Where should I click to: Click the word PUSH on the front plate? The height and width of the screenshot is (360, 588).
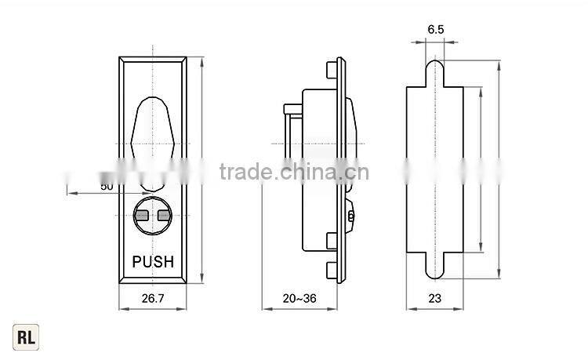(153, 262)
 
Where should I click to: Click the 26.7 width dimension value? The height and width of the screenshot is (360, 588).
(153, 298)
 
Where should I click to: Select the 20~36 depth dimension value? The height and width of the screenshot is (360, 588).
(299, 298)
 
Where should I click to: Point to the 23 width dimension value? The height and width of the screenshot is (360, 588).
(434, 298)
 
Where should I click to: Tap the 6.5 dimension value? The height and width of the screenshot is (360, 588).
(436, 29)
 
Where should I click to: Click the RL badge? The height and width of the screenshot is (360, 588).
(26, 338)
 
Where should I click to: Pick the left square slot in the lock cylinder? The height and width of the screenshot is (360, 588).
(143, 216)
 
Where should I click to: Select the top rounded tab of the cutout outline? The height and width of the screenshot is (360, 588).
(435, 71)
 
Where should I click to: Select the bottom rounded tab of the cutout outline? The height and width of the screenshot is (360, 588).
(435, 267)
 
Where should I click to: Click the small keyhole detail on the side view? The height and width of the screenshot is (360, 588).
(350, 214)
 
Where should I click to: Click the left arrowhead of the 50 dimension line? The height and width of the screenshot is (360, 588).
(69, 193)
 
